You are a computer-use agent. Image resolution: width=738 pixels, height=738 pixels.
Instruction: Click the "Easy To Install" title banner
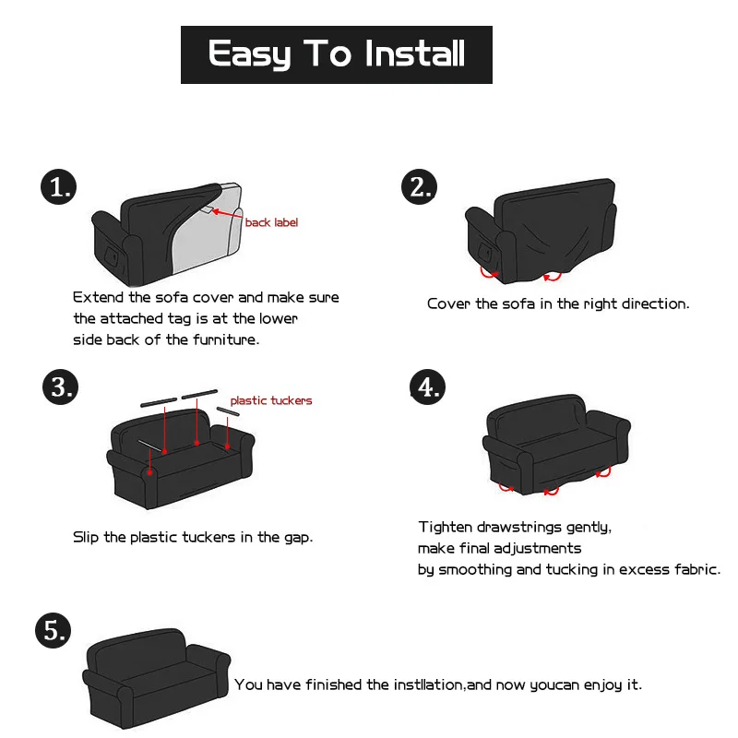(337, 54)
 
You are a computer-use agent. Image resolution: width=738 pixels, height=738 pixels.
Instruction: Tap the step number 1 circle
(60, 188)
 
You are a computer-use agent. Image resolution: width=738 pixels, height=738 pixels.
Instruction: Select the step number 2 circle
(420, 187)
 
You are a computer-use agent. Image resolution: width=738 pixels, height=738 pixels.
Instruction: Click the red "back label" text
(271, 222)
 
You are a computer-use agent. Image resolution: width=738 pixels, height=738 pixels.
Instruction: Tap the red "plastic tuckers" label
(271, 400)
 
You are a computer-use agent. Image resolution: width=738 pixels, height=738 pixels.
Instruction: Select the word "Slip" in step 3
(87, 537)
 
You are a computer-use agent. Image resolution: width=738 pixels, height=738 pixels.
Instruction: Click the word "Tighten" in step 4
(446, 528)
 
